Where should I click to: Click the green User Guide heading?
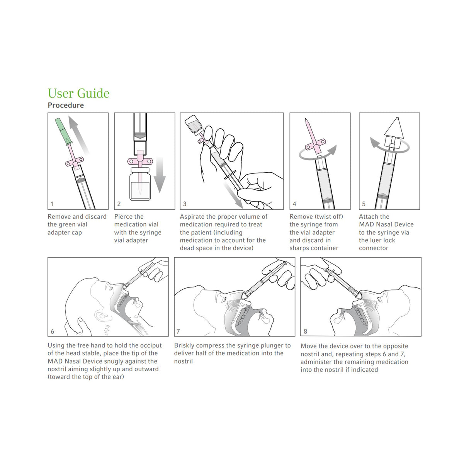click(x=78, y=93)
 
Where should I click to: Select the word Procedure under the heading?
click(x=66, y=105)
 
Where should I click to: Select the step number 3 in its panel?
click(x=185, y=204)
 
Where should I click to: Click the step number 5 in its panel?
click(x=364, y=204)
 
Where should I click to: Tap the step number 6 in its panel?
click(x=53, y=331)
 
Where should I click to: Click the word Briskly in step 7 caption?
click(x=184, y=345)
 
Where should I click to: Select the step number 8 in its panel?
click(x=306, y=331)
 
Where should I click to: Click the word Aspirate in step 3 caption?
click(x=192, y=217)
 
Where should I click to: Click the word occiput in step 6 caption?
click(x=150, y=345)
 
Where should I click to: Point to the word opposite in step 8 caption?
click(x=395, y=346)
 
